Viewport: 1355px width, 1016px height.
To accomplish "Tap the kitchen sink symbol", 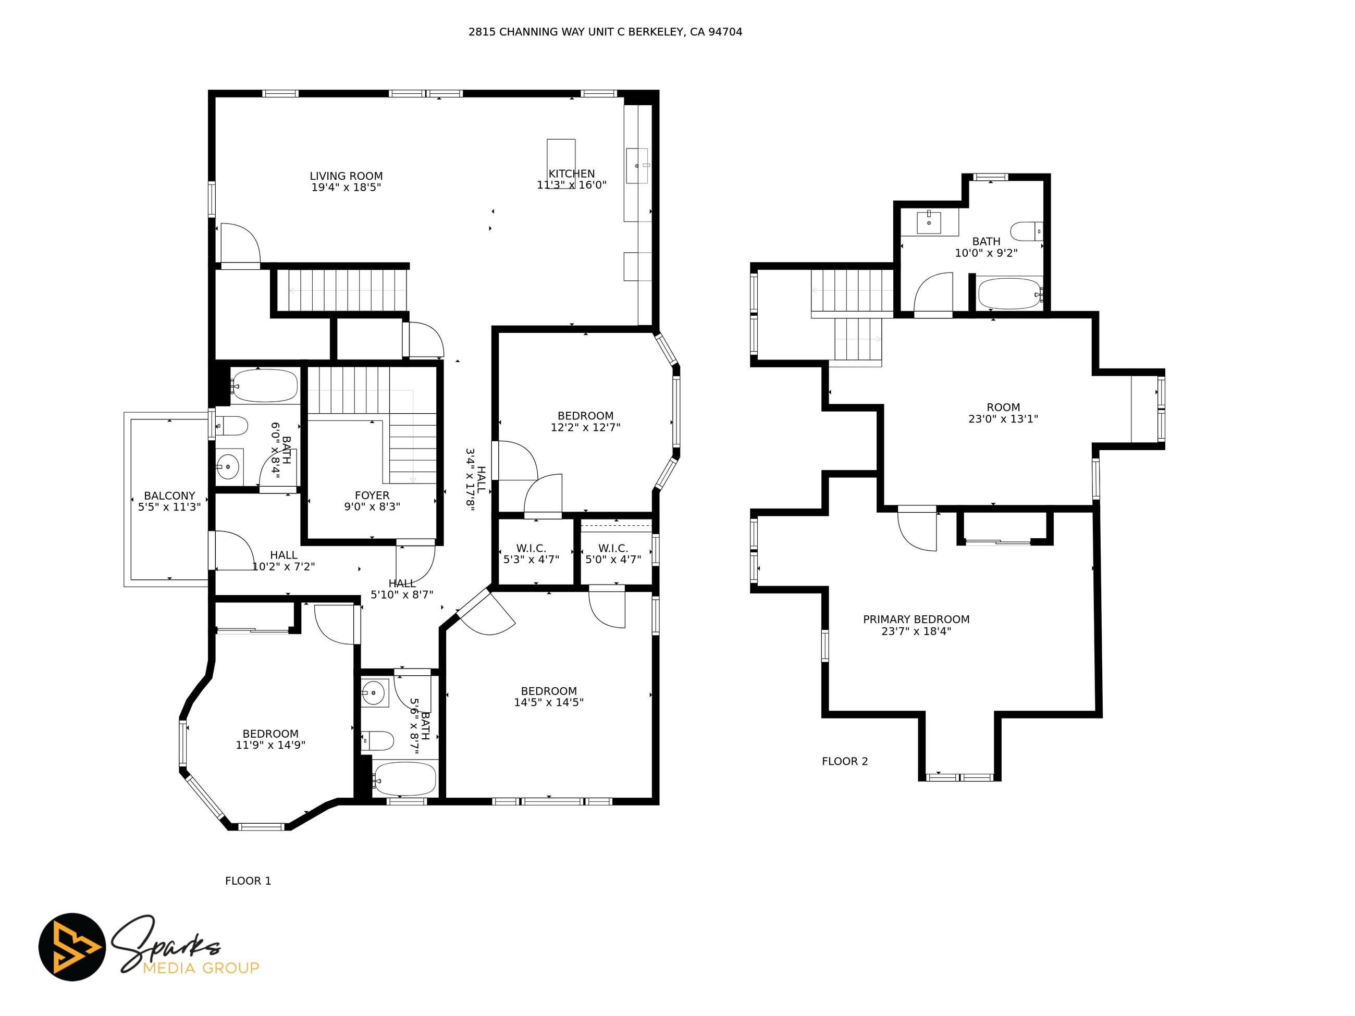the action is coord(637,165).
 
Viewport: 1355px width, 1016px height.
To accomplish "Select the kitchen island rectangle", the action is coord(561,164).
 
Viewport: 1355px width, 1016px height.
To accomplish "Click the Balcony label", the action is coord(170,496).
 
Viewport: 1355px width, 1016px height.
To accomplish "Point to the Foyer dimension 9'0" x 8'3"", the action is coord(372,507).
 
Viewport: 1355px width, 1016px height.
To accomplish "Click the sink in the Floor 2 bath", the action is coord(929,221).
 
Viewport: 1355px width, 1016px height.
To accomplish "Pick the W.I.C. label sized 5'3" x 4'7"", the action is coord(531,554).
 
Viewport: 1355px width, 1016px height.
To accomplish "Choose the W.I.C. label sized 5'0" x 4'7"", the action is coord(613,554).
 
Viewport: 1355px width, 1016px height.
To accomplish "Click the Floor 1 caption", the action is coord(248,881).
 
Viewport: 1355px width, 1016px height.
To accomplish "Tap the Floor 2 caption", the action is coord(845,762).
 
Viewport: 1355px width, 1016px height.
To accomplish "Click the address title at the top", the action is coord(605,32).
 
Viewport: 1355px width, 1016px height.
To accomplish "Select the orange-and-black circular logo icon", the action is coord(72,947).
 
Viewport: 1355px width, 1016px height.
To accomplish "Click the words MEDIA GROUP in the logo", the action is coord(201,968).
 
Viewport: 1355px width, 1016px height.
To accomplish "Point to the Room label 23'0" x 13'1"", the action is coord(1003,413).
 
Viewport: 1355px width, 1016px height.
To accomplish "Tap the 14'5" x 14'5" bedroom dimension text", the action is coord(549,703).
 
